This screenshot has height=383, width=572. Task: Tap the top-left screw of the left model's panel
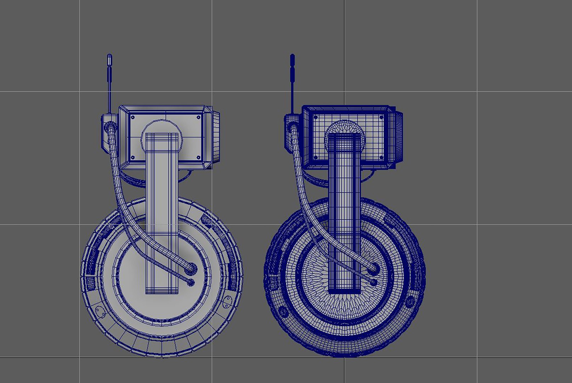coord(133,117)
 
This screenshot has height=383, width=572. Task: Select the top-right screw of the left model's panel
coord(198,117)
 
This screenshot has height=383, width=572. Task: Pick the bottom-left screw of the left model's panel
coord(133,157)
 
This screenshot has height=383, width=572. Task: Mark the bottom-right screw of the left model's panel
coord(198,157)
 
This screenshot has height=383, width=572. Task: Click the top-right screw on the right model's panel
coord(381,117)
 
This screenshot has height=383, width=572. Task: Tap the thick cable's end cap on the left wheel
coord(191,268)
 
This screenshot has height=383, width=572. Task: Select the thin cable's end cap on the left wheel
coord(191,282)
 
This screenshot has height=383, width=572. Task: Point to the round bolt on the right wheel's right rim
coord(410,302)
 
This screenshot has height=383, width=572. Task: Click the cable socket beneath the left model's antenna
coord(109,126)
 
